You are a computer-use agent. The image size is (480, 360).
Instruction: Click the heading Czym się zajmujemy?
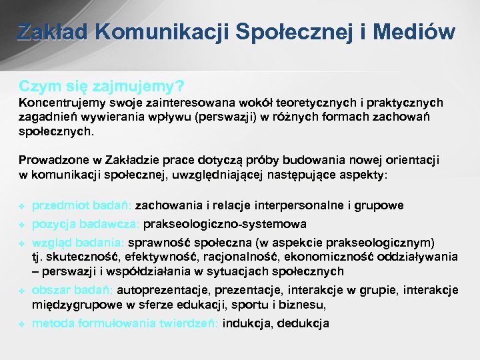point(101,87)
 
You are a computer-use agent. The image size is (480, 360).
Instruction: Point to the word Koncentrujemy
point(60,103)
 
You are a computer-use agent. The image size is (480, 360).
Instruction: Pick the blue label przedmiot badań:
point(82,205)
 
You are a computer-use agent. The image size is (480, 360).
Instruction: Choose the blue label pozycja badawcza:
point(86,224)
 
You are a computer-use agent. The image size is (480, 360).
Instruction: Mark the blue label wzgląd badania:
point(78,242)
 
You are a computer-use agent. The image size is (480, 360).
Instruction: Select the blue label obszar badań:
point(73,290)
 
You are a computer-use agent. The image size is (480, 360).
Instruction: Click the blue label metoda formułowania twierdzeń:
point(125,323)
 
